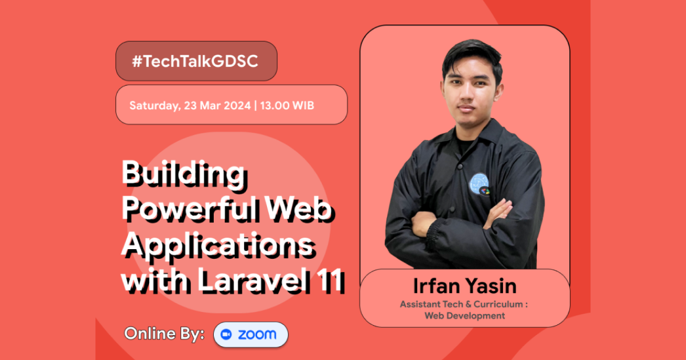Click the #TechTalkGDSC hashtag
[196, 62]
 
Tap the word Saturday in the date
[152, 106]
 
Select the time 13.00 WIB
[289, 106]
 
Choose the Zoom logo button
[251, 335]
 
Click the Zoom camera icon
[226, 335]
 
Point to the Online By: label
[165, 334]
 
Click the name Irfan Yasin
[464, 286]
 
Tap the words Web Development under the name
[465, 315]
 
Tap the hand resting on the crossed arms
[498, 214]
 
